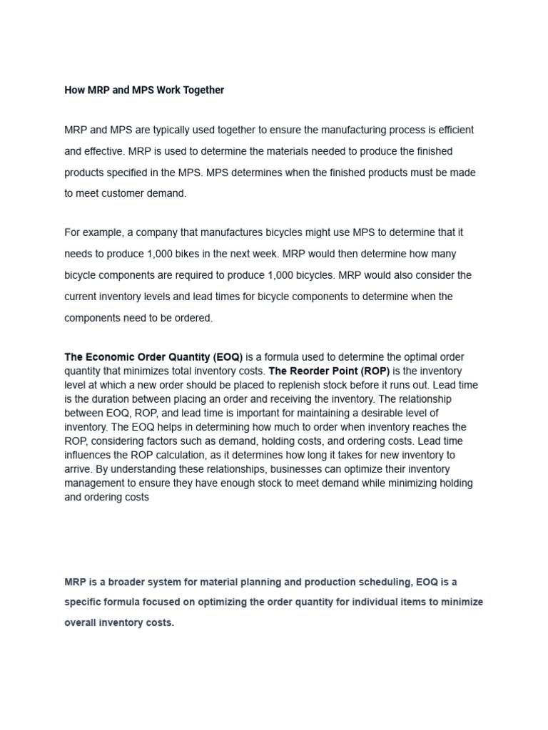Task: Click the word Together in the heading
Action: [x=202, y=90]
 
